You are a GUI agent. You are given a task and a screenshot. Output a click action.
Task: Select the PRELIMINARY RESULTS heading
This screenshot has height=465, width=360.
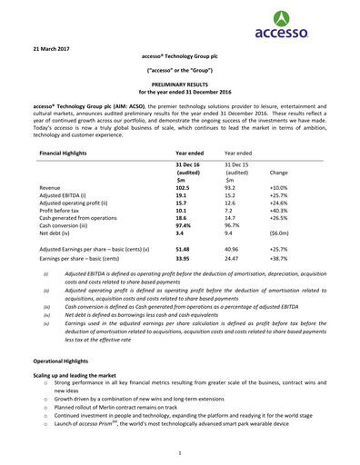click(179, 83)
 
